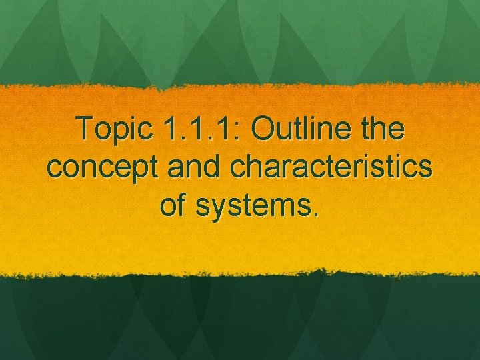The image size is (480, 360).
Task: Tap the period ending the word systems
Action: [x=315, y=214]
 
